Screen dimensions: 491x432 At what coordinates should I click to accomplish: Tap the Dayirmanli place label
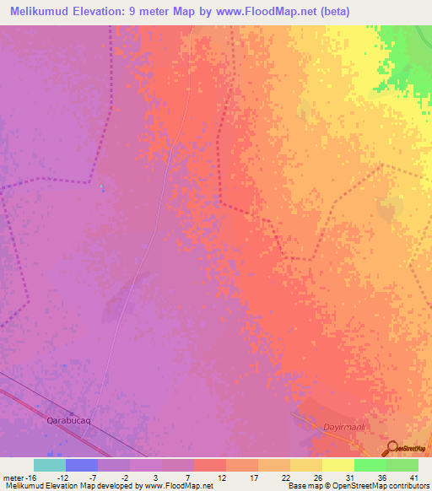[x=343, y=427]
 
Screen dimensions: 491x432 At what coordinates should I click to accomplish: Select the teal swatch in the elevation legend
[x=50, y=465]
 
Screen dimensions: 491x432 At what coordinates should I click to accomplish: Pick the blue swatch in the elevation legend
[x=82, y=465]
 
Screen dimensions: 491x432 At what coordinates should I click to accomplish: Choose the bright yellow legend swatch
[x=337, y=465]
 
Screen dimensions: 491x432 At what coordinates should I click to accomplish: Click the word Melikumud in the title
[x=44, y=11]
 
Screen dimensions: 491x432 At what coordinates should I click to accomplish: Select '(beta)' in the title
[x=333, y=11]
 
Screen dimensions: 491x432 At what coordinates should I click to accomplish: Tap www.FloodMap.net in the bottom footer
[x=179, y=486]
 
